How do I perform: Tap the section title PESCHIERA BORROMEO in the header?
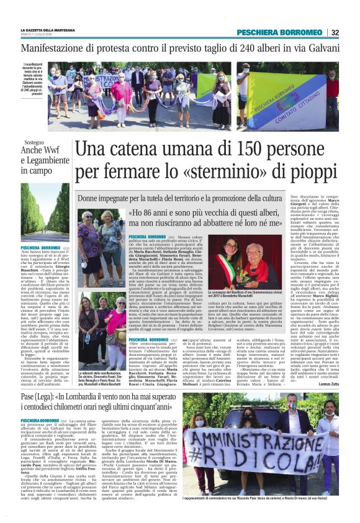tap(290, 32)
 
